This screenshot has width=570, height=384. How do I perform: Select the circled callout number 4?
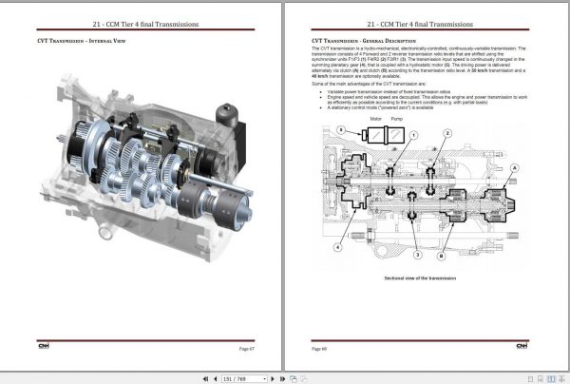[x=337, y=247]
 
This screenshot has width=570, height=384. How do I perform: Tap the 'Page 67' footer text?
[x=246, y=349]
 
